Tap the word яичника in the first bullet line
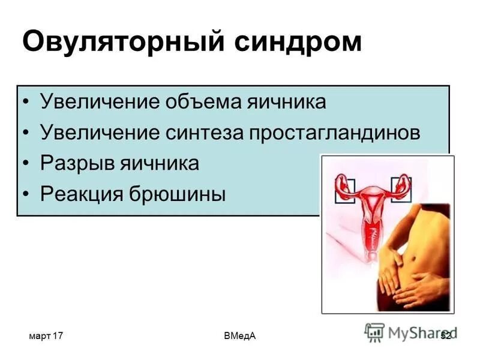287,101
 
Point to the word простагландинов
339,132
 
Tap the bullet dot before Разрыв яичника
25,164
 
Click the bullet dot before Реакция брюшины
25,194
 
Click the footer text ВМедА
239,337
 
